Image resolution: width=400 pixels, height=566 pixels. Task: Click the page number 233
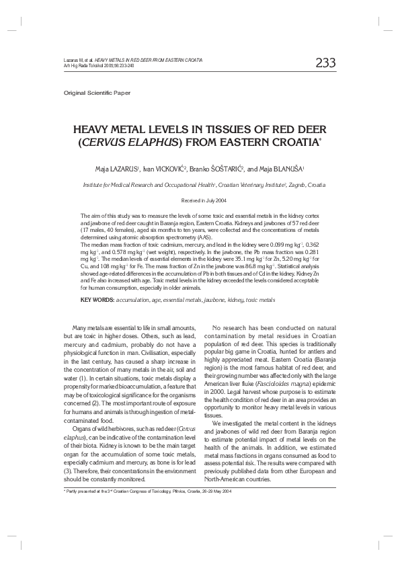[325, 63]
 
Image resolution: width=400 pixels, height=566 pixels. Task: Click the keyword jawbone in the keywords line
[217, 299]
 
